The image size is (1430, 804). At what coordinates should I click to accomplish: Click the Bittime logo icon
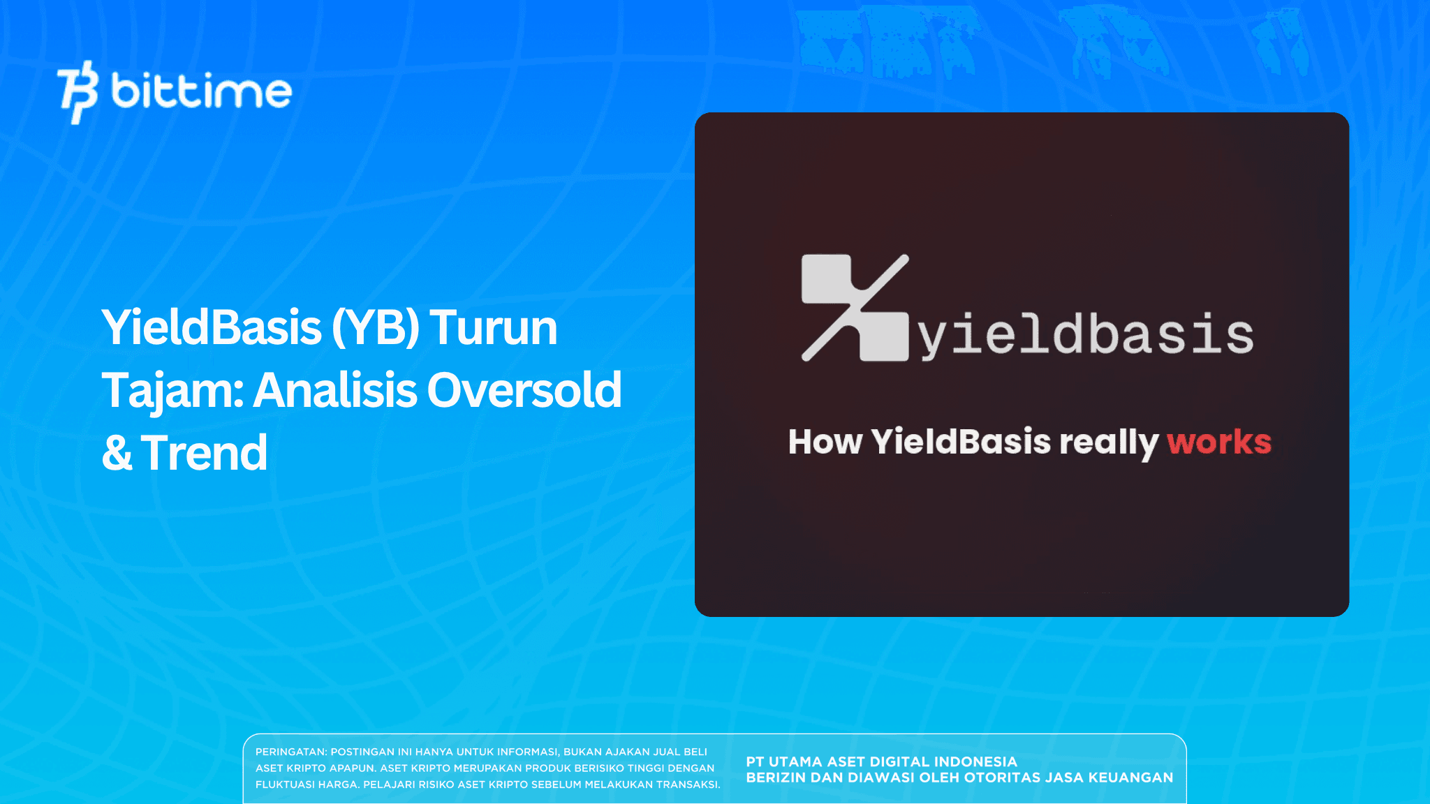pyautogui.click(x=78, y=92)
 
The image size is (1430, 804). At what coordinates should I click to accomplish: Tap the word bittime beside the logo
pyautogui.click(x=201, y=91)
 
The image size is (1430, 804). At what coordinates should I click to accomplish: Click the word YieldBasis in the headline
pyautogui.click(x=212, y=327)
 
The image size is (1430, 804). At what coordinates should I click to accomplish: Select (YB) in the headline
pyautogui.click(x=376, y=327)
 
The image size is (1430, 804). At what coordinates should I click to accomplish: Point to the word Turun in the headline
pyautogui.click(x=493, y=327)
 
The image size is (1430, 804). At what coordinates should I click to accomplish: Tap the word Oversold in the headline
pyautogui.click(x=524, y=390)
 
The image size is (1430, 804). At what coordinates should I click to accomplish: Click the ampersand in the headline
pyautogui.click(x=117, y=453)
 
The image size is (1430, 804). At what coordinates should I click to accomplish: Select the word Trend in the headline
pyautogui.click(x=204, y=453)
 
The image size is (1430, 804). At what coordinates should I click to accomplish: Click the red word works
pyautogui.click(x=1219, y=442)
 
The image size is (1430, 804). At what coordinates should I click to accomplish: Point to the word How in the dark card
pyautogui.click(x=825, y=442)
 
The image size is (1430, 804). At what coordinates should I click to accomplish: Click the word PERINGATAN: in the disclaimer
pyautogui.click(x=290, y=752)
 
